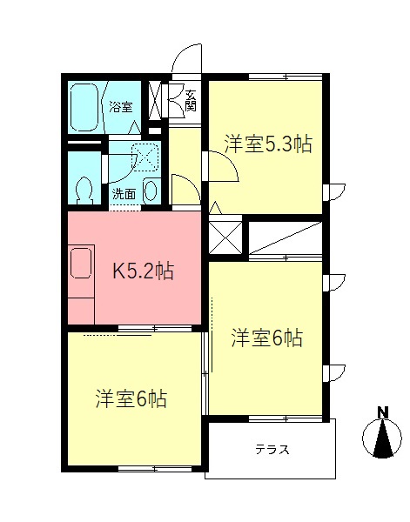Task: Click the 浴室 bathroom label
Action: (x=121, y=107)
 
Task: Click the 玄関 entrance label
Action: (x=189, y=100)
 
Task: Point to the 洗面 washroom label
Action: (x=124, y=194)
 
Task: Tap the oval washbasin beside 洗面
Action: (x=150, y=190)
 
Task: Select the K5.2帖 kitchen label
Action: (x=145, y=271)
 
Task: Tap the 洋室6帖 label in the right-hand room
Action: (x=266, y=338)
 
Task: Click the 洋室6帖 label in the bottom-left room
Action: (x=131, y=399)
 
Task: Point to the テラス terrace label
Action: (x=272, y=450)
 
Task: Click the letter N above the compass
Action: (x=382, y=412)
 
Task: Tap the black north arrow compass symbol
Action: (x=382, y=439)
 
